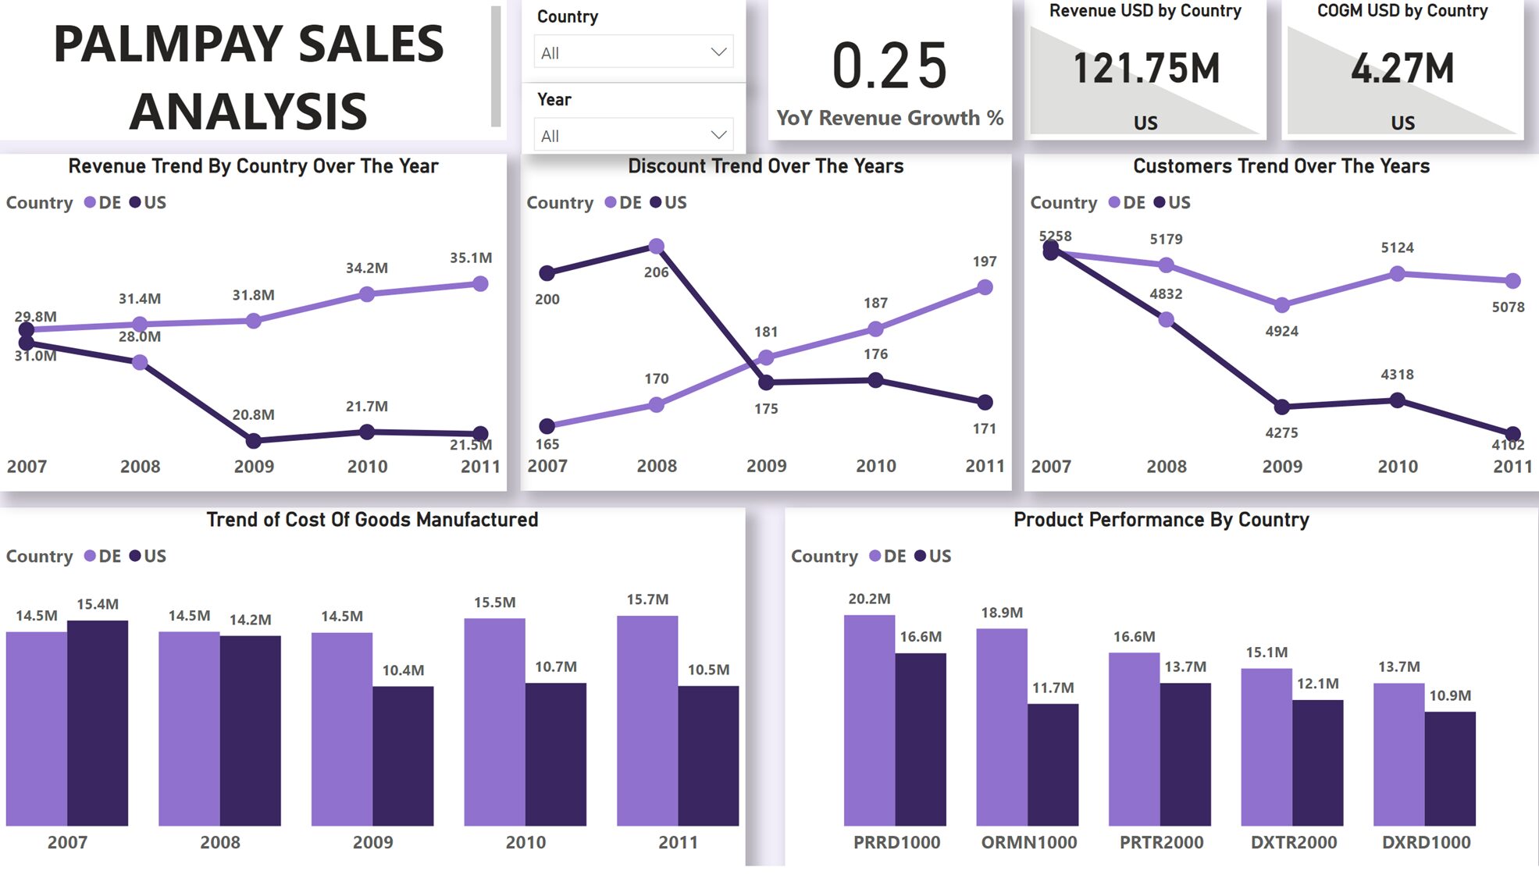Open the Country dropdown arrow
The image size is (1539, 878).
point(718,52)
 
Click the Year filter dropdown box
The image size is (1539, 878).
point(633,136)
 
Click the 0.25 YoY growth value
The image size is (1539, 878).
point(889,67)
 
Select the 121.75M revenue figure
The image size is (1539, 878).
point(1145,69)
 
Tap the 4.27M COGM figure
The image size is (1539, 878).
point(1402,69)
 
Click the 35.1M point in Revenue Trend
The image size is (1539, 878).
point(481,284)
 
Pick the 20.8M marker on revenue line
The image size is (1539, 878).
point(253,441)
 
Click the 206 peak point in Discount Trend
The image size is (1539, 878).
point(657,247)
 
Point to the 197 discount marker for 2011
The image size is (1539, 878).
point(985,287)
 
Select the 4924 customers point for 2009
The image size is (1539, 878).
point(1282,305)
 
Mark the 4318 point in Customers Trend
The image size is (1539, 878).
point(1398,400)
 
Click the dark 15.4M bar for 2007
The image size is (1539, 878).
point(98,722)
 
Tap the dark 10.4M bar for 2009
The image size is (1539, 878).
point(403,755)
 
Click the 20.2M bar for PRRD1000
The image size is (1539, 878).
point(869,720)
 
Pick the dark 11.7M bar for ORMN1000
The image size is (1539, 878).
point(1053,764)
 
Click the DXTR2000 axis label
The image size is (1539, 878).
point(1294,842)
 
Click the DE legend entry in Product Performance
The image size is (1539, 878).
point(888,556)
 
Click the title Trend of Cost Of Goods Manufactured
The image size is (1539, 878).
point(372,520)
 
